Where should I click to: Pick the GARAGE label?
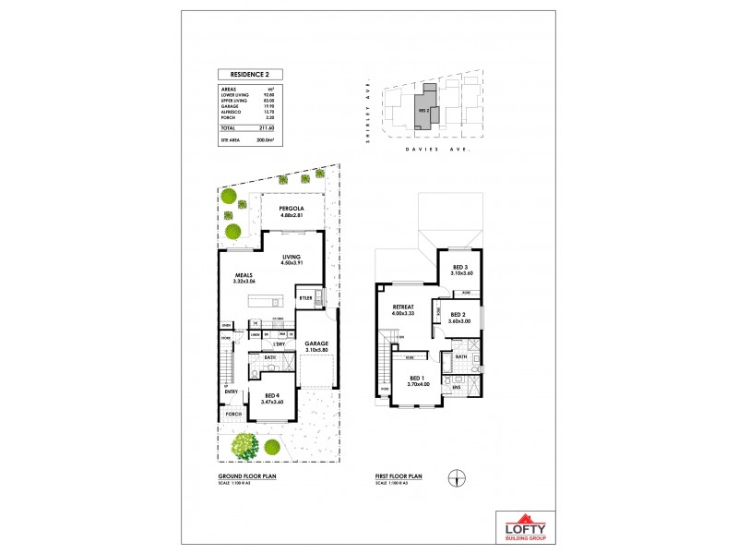point(315,343)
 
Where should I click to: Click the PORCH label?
point(235,414)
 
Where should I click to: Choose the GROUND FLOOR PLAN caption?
point(241,476)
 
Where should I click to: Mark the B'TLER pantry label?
point(304,298)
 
